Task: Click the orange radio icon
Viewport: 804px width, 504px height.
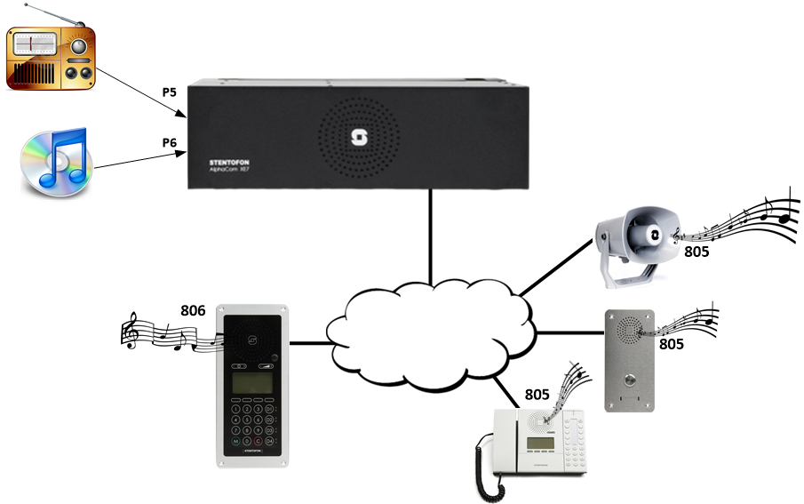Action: pyautogui.click(x=51, y=58)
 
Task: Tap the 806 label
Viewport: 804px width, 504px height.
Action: pyautogui.click(x=193, y=310)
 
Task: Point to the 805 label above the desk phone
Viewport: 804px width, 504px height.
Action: pyautogui.click(x=537, y=394)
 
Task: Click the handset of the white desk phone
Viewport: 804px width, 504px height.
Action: pyautogui.click(x=483, y=453)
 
